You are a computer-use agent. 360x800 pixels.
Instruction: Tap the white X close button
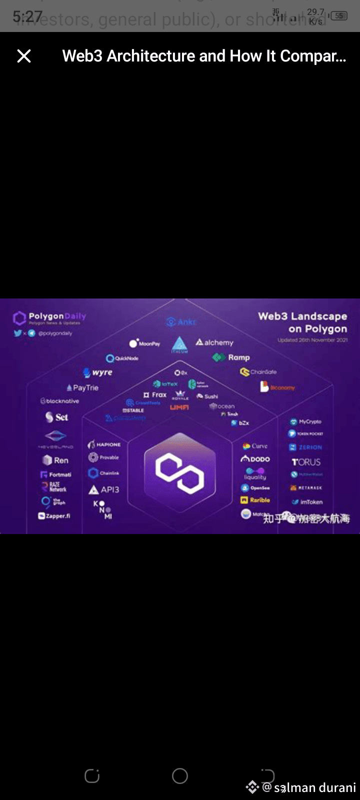(x=24, y=56)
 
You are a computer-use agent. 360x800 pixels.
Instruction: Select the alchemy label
(x=214, y=342)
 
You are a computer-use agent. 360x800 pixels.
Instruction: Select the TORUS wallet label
(x=306, y=462)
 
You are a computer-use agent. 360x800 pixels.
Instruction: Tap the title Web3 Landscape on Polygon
(x=302, y=322)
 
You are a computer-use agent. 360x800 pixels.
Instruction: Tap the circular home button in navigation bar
(x=180, y=776)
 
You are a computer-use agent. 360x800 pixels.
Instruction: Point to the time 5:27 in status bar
(x=27, y=16)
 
